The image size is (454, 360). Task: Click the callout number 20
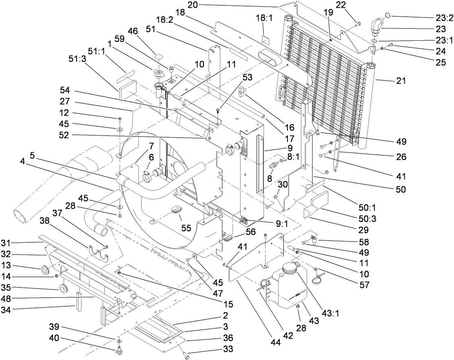[x=193, y=5]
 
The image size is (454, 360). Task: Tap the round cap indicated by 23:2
[x=388, y=15]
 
